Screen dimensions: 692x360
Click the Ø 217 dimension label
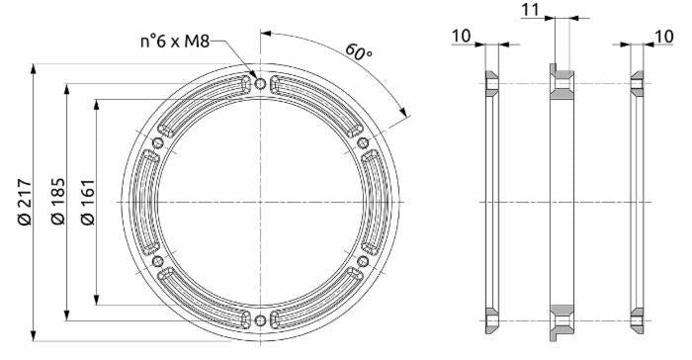point(25,202)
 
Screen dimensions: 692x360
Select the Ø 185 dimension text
point(57,201)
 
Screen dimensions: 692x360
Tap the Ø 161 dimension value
point(87,202)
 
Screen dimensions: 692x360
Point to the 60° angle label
point(358,52)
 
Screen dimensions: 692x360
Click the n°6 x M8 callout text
point(175,42)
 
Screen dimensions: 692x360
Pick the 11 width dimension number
point(530,9)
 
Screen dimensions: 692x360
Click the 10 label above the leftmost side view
point(462,37)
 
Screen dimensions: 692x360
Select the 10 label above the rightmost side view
point(663,37)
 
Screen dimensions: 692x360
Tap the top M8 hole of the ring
point(260,83)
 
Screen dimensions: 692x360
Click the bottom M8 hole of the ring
point(260,320)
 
